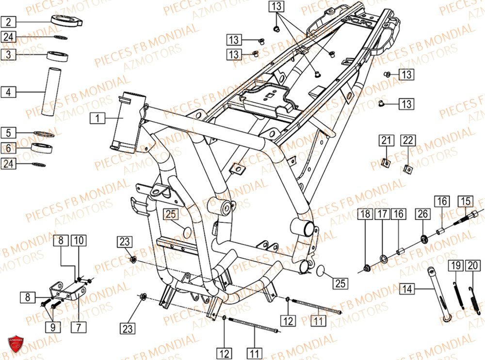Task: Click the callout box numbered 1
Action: click(97, 118)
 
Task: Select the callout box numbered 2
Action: click(9, 22)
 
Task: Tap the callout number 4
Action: click(9, 91)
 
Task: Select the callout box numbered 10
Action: click(79, 240)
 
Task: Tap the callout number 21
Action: click(386, 141)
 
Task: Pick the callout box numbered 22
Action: click(408, 141)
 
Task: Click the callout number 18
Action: click(365, 214)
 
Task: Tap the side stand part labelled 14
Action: click(438, 294)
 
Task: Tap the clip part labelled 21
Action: click(386, 163)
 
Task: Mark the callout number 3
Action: click(9, 54)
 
